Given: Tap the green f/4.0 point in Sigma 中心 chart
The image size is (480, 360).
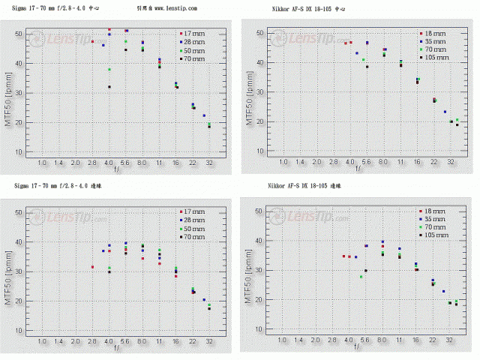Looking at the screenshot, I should [109, 70].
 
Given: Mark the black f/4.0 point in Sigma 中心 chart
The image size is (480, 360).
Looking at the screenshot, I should [109, 87].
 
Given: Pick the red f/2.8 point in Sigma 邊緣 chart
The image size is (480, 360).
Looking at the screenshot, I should [92, 267].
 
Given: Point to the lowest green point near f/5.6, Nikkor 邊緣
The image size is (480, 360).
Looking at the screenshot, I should [361, 277].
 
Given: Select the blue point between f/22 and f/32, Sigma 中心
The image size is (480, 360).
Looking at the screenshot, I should [204, 115].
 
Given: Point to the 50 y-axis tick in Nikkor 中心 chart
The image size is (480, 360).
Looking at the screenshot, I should [259, 33].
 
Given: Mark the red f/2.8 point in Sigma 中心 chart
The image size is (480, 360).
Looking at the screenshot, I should [92, 41].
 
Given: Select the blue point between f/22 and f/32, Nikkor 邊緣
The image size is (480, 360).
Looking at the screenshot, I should [443, 291].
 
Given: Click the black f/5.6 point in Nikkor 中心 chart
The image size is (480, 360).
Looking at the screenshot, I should [367, 67].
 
